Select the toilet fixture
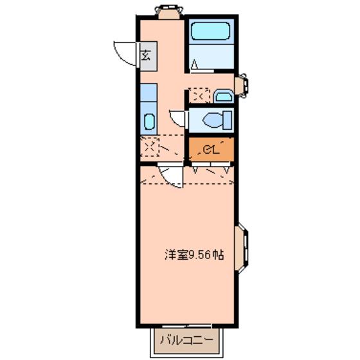[213, 120]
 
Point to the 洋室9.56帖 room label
[192, 255]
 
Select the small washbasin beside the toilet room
[223, 96]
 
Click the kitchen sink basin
[149, 122]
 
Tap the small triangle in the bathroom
[195, 64]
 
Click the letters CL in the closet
[209, 150]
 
